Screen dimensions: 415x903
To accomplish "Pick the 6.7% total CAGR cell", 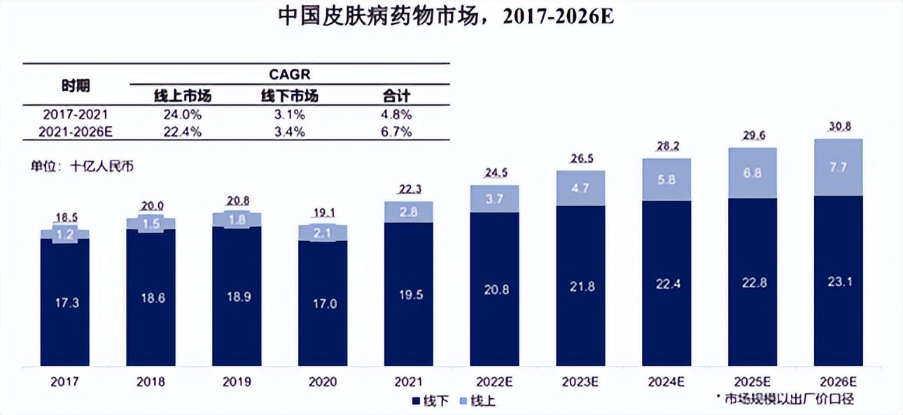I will click(x=395, y=132).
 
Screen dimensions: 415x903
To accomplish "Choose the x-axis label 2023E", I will click(x=581, y=382).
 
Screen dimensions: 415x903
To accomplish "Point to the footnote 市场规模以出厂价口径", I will click(x=787, y=398).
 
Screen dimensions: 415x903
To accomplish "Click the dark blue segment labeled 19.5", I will click(x=408, y=295).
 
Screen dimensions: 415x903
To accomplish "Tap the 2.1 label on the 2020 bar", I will click(x=322, y=233).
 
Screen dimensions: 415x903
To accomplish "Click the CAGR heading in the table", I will click(x=289, y=74).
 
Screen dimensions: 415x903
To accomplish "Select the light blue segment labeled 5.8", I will click(x=667, y=179).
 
